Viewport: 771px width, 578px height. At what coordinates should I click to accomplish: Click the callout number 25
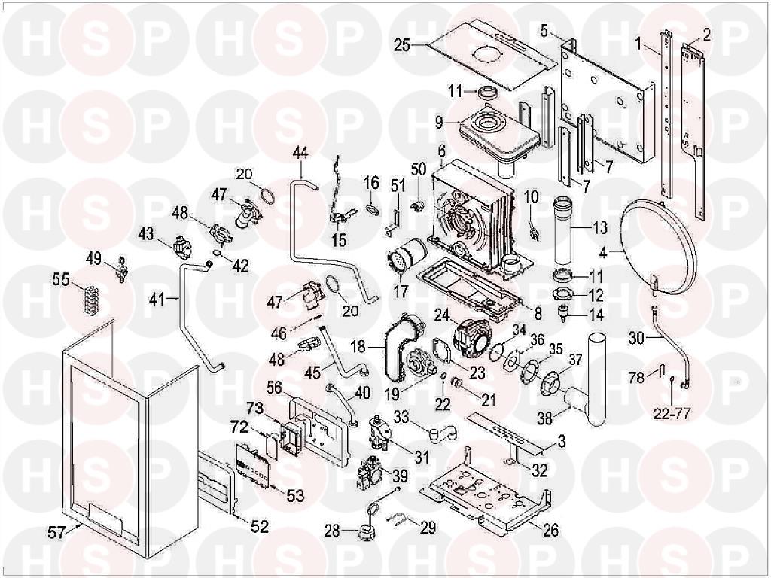pyautogui.click(x=402, y=46)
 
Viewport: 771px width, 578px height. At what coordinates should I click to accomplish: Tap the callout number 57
pyautogui.click(x=56, y=532)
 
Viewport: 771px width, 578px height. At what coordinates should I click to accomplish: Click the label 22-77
pyautogui.click(x=672, y=415)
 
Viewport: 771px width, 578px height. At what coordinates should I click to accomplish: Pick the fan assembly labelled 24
pyautogui.click(x=471, y=333)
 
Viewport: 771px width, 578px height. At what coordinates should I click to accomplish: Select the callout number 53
pyautogui.click(x=295, y=496)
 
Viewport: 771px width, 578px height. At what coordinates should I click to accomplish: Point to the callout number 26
pyautogui.click(x=550, y=531)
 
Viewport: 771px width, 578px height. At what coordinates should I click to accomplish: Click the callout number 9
pyautogui.click(x=439, y=121)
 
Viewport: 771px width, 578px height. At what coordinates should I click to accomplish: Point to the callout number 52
pyautogui.click(x=260, y=527)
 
